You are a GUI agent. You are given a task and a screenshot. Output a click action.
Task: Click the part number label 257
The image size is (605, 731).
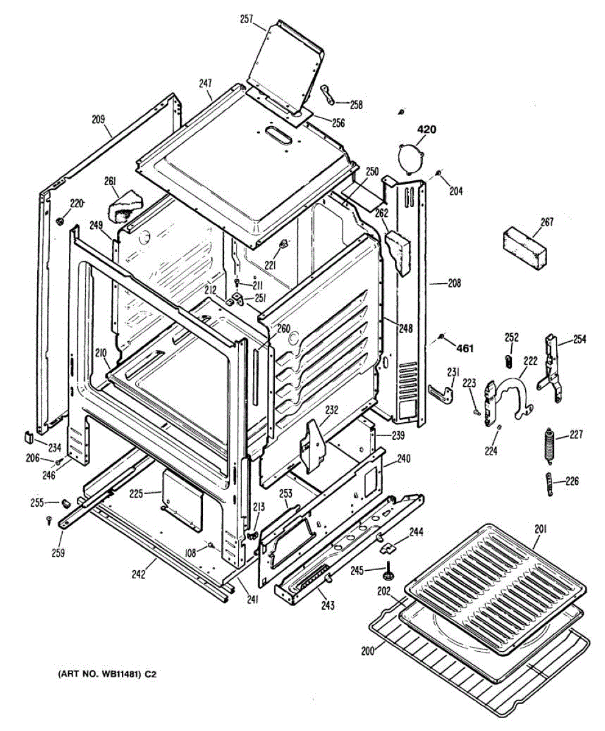coord(247,19)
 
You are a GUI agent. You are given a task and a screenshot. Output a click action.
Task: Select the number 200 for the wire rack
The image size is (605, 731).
coord(367,650)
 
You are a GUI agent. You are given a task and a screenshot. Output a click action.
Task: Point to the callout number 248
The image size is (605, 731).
coord(405,328)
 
